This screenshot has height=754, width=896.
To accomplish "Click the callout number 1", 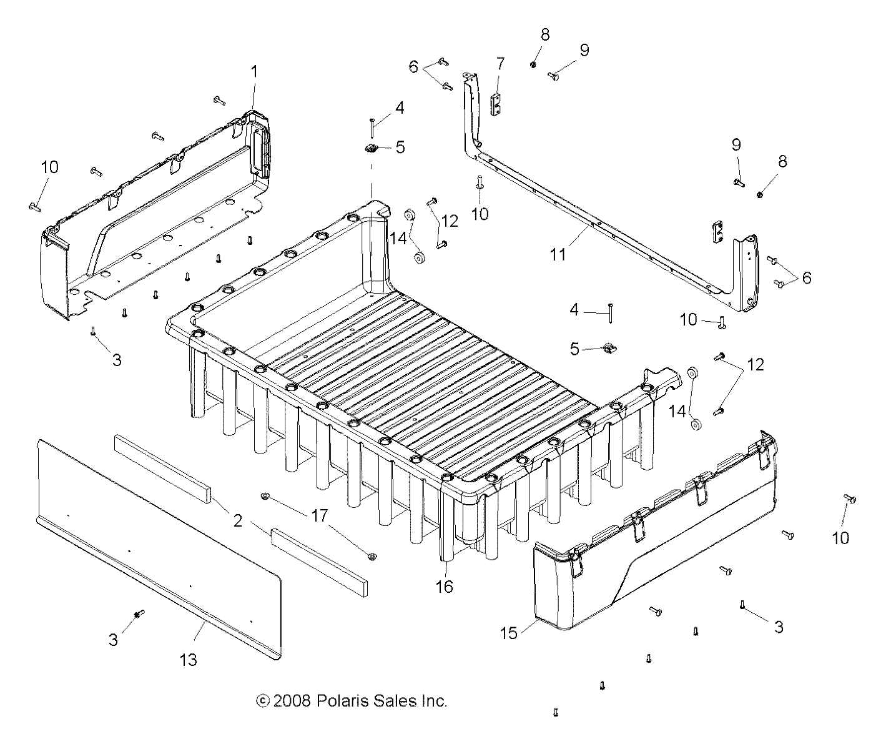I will [254, 72].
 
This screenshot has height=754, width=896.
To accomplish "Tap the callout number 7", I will [500, 64].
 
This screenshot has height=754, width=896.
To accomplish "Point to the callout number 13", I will [188, 659].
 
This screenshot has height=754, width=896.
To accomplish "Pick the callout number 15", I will [509, 633].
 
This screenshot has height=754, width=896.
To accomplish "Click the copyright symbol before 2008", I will [263, 701].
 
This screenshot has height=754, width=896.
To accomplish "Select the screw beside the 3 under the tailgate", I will [139, 613].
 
